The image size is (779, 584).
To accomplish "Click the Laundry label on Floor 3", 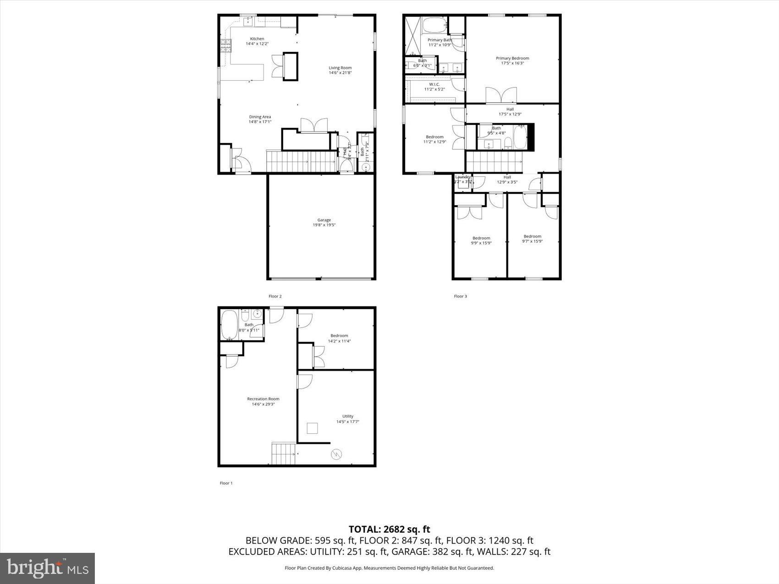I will [x=462, y=177].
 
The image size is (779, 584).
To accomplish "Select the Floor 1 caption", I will [x=226, y=483].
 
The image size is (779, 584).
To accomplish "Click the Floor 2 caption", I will [x=275, y=296].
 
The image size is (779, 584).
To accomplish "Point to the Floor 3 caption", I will [x=460, y=296].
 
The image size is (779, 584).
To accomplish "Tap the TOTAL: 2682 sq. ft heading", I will [x=389, y=529].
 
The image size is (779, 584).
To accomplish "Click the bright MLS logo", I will [x=48, y=568].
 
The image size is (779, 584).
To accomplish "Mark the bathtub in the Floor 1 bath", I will [x=229, y=325].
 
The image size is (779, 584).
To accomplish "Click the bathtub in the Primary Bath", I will [x=433, y=25].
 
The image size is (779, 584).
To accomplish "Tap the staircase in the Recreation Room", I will [x=284, y=453].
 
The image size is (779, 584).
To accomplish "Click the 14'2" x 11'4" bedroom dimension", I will [x=339, y=341].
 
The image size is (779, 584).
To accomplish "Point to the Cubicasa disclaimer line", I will [x=389, y=568].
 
